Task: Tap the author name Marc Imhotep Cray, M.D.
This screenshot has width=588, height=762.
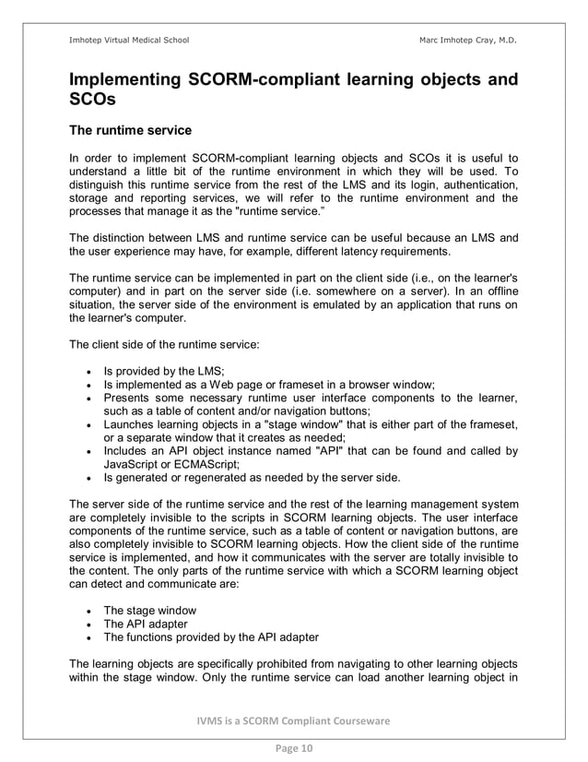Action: [467, 40]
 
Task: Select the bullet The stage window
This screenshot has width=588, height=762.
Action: [149, 611]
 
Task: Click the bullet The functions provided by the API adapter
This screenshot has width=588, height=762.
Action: [211, 637]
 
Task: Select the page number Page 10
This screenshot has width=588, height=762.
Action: [293, 748]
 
